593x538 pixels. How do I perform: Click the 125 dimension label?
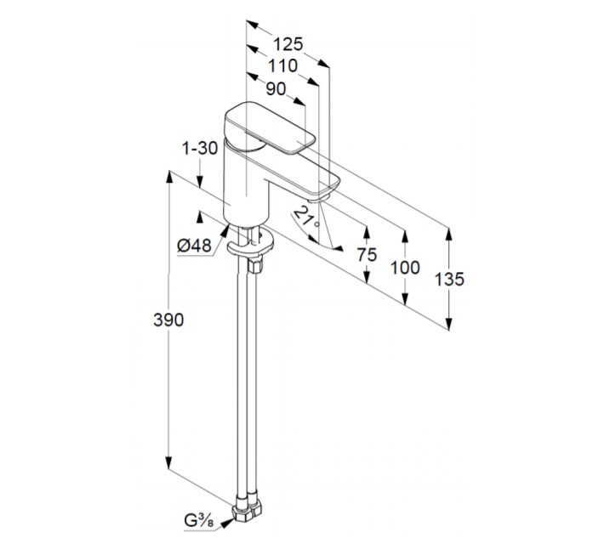[x=289, y=43]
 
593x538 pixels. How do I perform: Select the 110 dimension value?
[x=282, y=65]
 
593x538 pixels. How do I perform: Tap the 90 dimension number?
[x=276, y=88]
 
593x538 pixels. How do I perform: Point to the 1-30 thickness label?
[x=201, y=148]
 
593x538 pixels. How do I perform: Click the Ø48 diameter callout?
[x=194, y=245]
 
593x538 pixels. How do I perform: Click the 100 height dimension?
[x=406, y=268]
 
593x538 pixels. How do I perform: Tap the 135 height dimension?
[x=448, y=279]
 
